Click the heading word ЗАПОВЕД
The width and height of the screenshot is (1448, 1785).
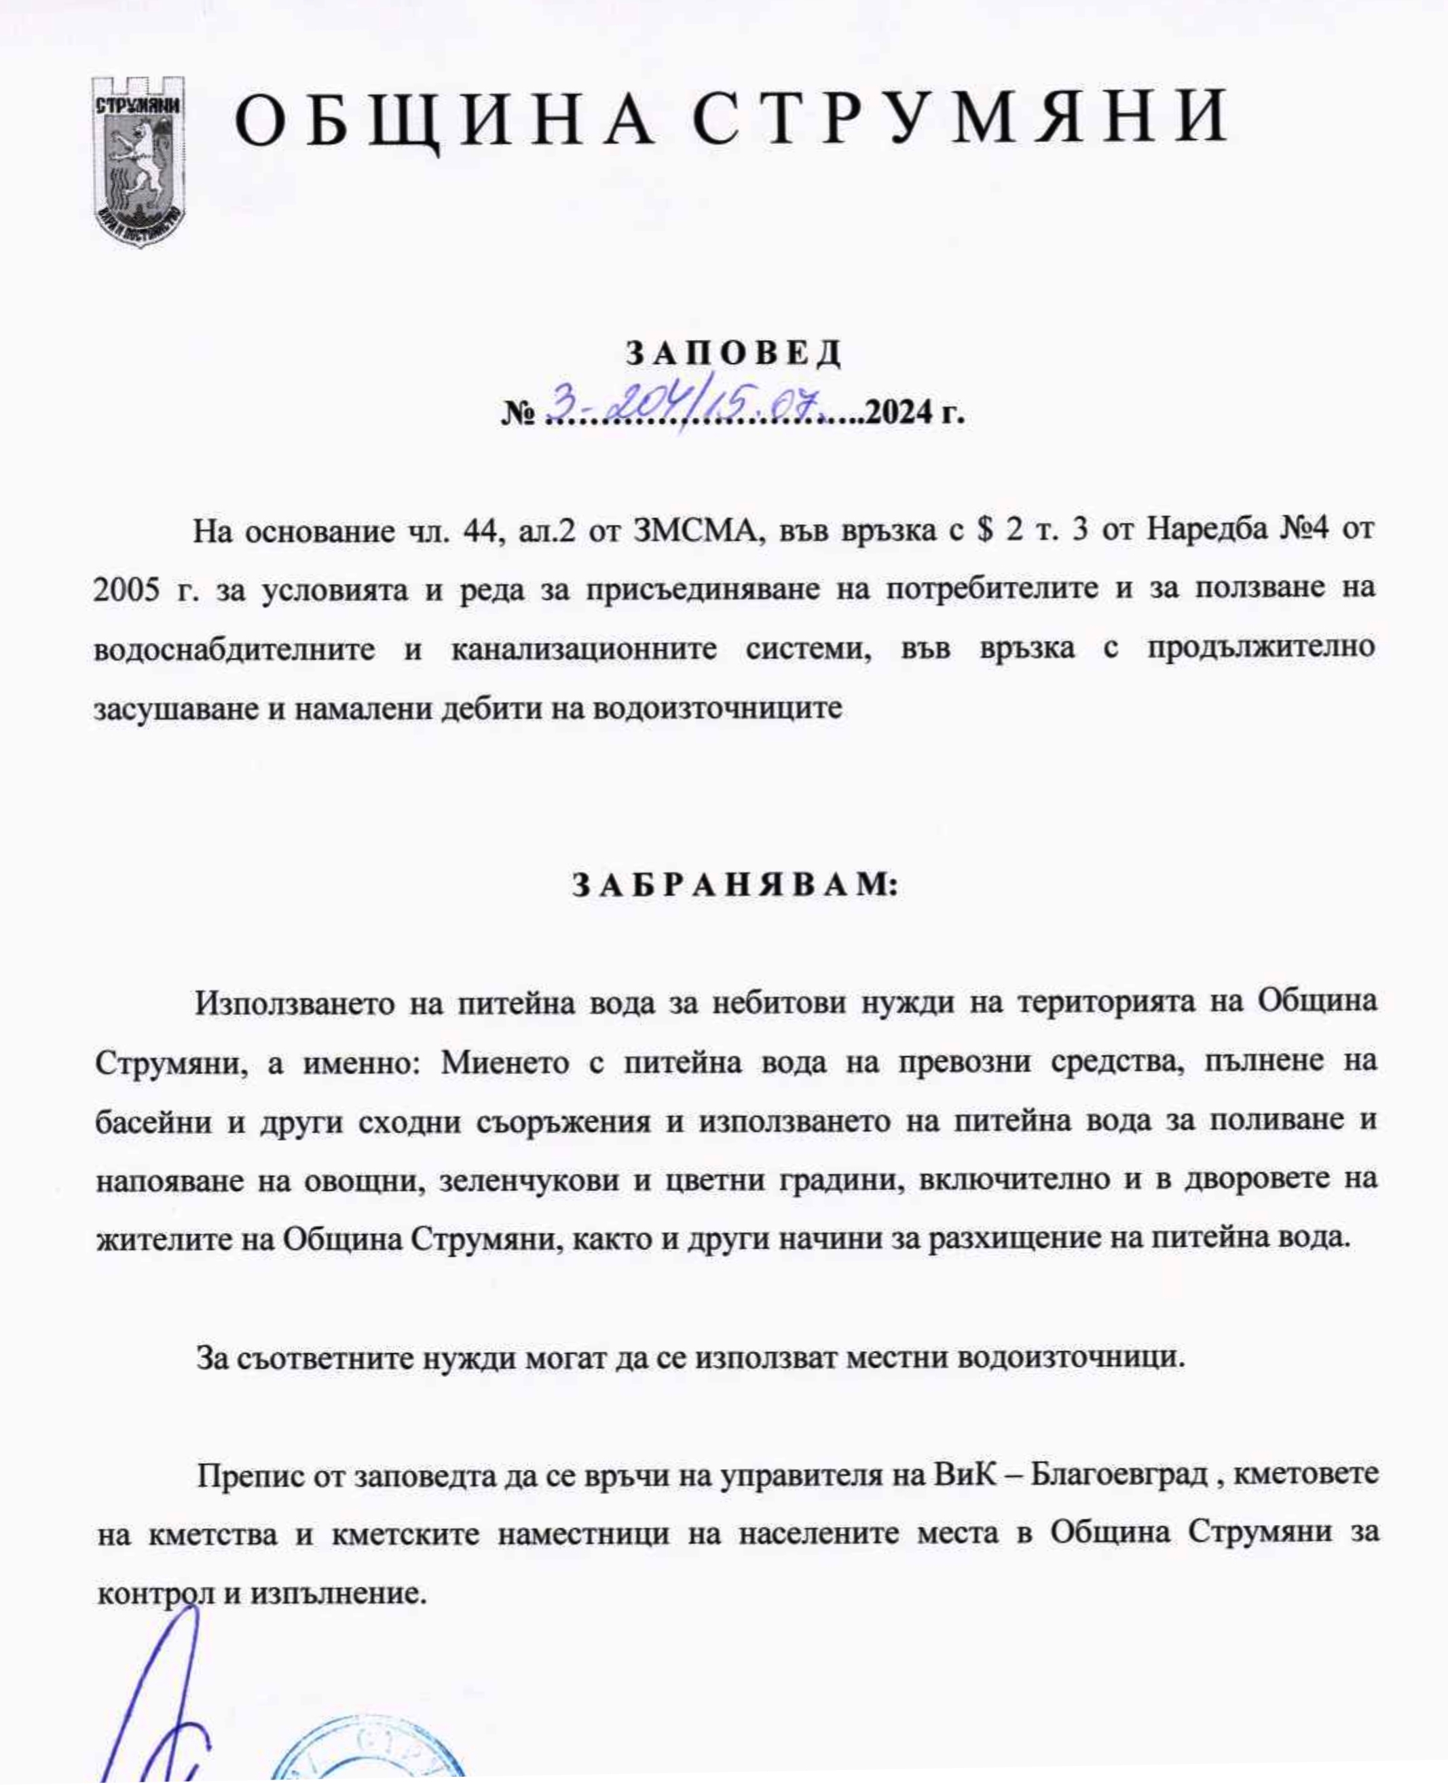[734, 354]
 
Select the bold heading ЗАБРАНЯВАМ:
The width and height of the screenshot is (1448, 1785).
[735, 885]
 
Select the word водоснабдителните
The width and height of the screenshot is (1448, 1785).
[234, 650]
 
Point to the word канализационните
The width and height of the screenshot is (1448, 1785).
[584, 650]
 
